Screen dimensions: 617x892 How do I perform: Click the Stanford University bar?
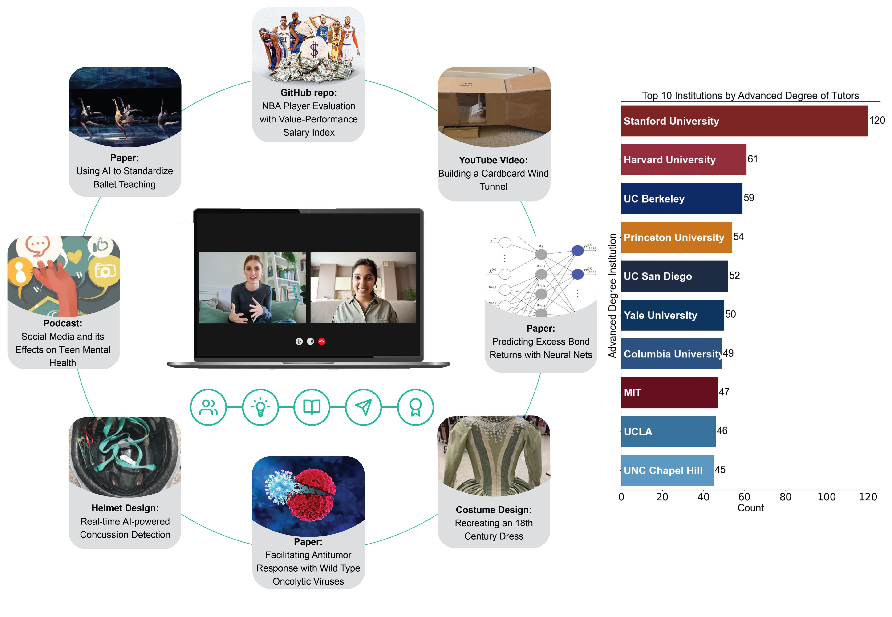(744, 121)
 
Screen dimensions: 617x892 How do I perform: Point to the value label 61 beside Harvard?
(752, 159)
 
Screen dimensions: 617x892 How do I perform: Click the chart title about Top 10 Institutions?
(750, 95)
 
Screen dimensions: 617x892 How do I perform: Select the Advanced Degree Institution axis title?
(612, 296)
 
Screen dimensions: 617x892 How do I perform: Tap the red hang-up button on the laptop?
(322, 341)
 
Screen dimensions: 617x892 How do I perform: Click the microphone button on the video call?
(299, 341)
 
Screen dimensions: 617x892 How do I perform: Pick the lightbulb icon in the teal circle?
(260, 407)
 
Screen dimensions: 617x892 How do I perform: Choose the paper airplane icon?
(363, 407)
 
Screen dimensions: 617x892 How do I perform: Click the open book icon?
(312, 407)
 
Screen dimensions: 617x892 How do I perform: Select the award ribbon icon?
(415, 407)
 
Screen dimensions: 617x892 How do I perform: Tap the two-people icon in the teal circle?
(208, 407)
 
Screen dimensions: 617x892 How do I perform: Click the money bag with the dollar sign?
(314, 48)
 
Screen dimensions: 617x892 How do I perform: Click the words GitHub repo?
(308, 93)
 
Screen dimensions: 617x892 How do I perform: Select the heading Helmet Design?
(125, 508)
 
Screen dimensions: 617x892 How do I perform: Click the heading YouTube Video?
(493, 160)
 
